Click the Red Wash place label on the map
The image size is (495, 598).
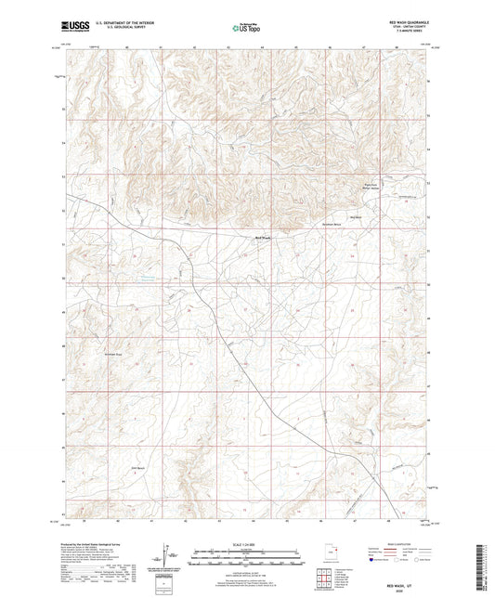tap(263, 237)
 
